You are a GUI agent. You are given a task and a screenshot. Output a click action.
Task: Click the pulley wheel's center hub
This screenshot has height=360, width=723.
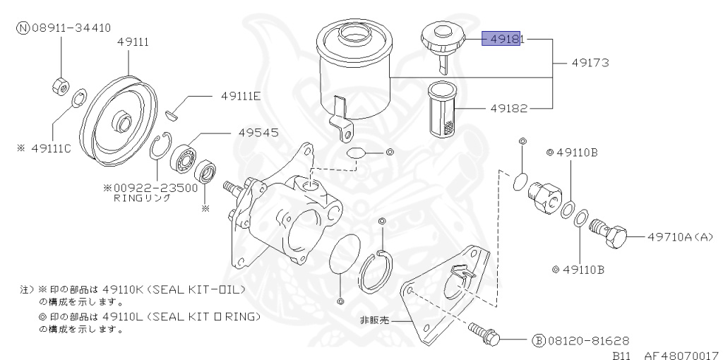click(123, 122)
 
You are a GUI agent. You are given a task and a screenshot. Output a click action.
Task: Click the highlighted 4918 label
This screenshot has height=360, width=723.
click(501, 39)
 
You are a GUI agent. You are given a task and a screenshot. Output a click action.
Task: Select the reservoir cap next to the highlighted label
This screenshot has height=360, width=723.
click(442, 37)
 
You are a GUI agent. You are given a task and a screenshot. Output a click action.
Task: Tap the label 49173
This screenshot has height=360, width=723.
click(590, 63)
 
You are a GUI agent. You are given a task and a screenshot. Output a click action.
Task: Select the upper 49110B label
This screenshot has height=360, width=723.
click(577, 152)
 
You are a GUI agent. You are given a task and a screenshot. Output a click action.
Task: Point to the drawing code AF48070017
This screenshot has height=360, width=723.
click(679, 355)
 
